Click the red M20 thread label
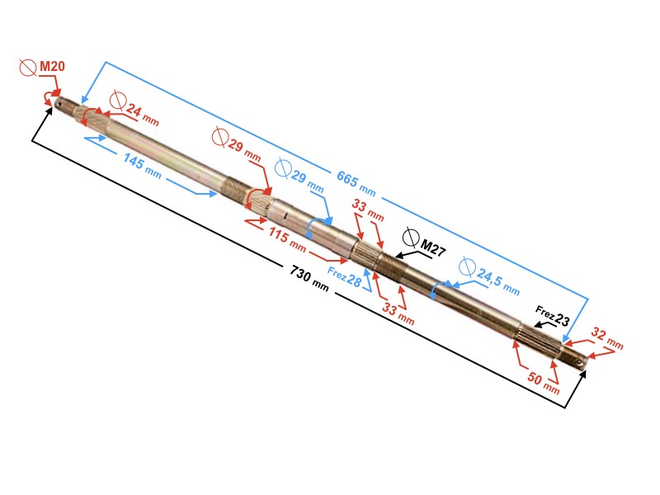[52, 66]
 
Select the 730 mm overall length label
[309, 278]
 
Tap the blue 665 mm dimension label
[356, 183]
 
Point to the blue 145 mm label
[142, 166]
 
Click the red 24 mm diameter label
[142, 115]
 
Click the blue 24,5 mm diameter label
[498, 281]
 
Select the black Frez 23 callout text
[552, 316]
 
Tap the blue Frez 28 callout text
[344, 277]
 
